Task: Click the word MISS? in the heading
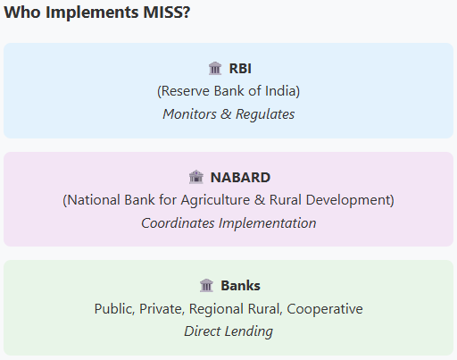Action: click(167, 13)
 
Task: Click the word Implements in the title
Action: click(92, 13)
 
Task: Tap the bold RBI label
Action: click(240, 69)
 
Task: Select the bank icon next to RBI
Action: click(215, 68)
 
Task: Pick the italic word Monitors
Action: click(189, 114)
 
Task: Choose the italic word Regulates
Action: click(265, 114)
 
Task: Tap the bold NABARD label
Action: click(240, 178)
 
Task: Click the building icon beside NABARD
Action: click(196, 177)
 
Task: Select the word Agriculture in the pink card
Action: click(215, 200)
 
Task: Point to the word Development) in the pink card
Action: click(350, 200)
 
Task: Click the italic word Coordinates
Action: click(178, 223)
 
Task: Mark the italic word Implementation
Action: click(267, 223)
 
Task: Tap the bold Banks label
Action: click(240, 286)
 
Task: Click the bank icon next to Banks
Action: click(206, 285)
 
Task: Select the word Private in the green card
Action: click(162, 309)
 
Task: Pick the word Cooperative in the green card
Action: click(325, 309)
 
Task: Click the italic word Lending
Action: click(249, 331)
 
